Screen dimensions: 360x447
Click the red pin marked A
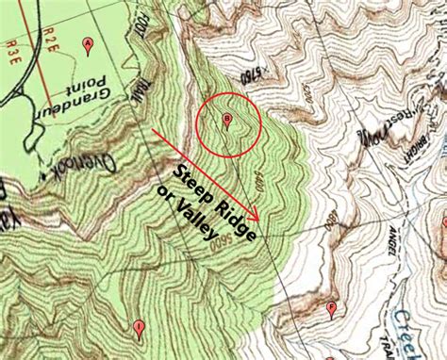point(88,43)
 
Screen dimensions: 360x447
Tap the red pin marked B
point(226,119)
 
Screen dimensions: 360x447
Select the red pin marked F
point(331,307)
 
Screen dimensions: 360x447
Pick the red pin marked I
point(140,328)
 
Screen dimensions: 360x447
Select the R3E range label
point(12,57)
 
